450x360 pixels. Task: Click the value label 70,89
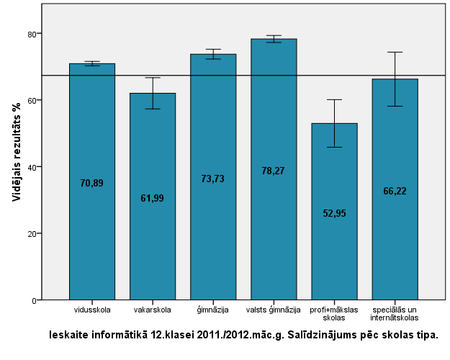click(91, 184)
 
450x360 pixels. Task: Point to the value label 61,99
click(152, 198)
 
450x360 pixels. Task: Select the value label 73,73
click(212, 179)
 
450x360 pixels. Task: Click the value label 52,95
click(334, 213)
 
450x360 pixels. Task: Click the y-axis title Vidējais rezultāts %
click(16, 150)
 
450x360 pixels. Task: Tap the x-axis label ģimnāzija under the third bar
click(212, 310)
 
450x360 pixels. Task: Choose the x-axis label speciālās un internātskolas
click(395, 314)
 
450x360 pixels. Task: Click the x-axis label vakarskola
click(152, 310)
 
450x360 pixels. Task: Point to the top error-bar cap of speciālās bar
click(395, 52)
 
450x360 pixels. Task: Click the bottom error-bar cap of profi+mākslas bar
click(334, 147)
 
